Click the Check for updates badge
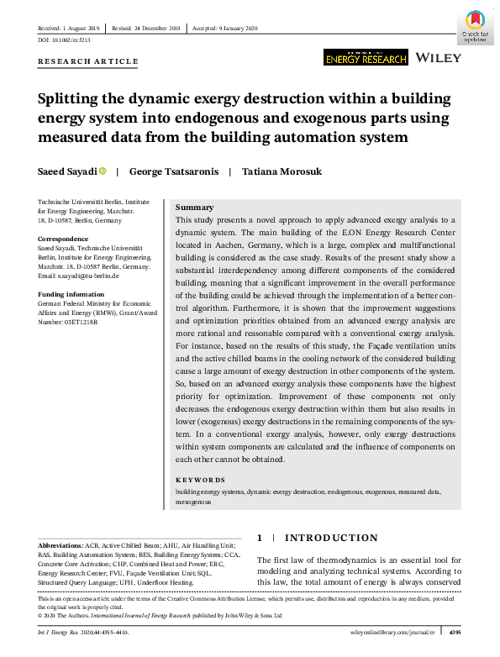(475, 26)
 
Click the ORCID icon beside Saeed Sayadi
(103, 171)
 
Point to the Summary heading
(194, 208)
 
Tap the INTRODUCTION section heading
(331, 538)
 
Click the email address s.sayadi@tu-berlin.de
(88, 276)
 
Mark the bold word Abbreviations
(65, 545)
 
